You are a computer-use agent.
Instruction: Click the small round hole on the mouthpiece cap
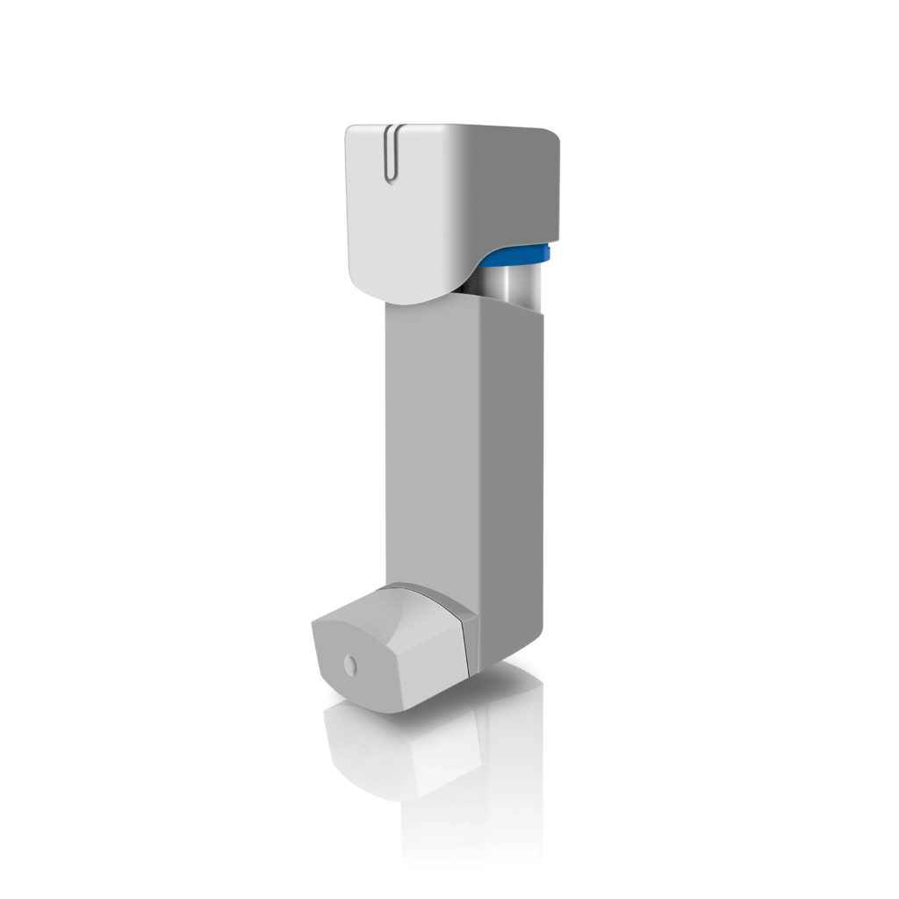352,666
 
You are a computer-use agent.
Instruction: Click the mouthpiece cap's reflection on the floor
395,746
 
